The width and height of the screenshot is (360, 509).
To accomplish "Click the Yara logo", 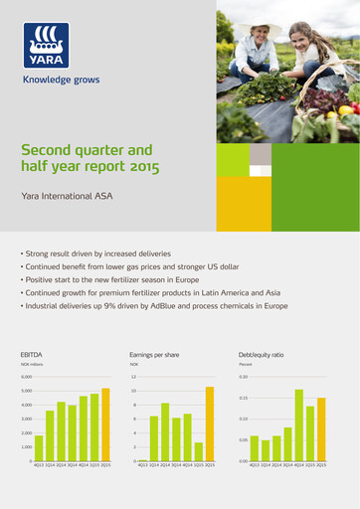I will (47, 45).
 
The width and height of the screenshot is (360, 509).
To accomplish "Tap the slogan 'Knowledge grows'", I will (61, 80).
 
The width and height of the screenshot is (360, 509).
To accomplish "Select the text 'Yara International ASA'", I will (67, 197).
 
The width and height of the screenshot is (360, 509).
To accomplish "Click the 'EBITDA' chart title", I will (32, 354).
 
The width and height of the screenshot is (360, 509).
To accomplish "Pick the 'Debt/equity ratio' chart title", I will (262, 354).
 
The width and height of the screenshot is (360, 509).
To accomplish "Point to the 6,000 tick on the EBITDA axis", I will (27, 378).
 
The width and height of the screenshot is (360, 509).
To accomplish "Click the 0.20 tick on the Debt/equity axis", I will (244, 378).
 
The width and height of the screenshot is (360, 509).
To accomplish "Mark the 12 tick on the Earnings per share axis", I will (132, 378).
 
